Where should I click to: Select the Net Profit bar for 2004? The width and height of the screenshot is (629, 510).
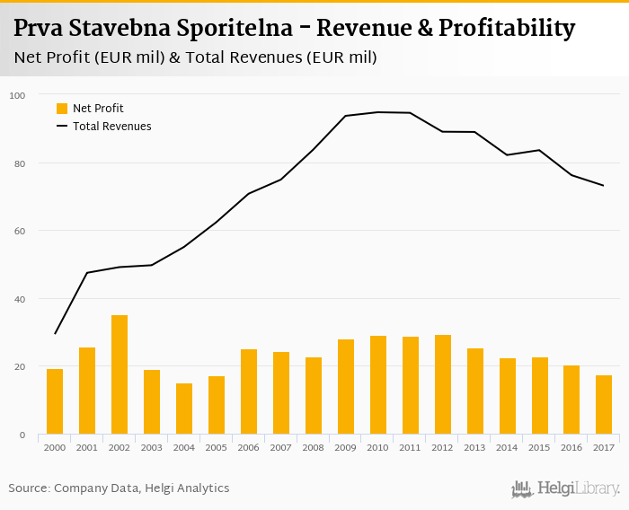tap(184, 409)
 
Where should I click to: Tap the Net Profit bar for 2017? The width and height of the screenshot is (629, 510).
tap(604, 405)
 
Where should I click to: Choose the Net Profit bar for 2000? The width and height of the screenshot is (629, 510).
tap(55, 402)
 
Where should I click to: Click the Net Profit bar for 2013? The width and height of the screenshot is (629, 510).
tap(475, 391)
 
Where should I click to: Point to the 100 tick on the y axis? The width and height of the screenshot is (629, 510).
tap(18, 95)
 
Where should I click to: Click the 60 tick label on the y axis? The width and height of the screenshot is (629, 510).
tap(18, 231)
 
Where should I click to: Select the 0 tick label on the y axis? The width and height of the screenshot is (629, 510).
tap(21, 435)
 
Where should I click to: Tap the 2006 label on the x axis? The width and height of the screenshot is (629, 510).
tap(249, 447)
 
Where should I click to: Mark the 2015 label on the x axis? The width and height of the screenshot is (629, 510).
tap(540, 447)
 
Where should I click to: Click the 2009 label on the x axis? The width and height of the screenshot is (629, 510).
tap(346, 447)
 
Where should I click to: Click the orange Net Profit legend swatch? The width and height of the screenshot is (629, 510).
tap(62, 109)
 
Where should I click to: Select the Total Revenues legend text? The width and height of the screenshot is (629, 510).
tap(112, 127)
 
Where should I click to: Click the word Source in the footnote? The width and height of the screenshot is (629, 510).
tap(29, 488)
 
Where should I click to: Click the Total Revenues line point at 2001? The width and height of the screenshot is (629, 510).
tap(87, 272)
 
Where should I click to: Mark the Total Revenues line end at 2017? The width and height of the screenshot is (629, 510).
tap(604, 186)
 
